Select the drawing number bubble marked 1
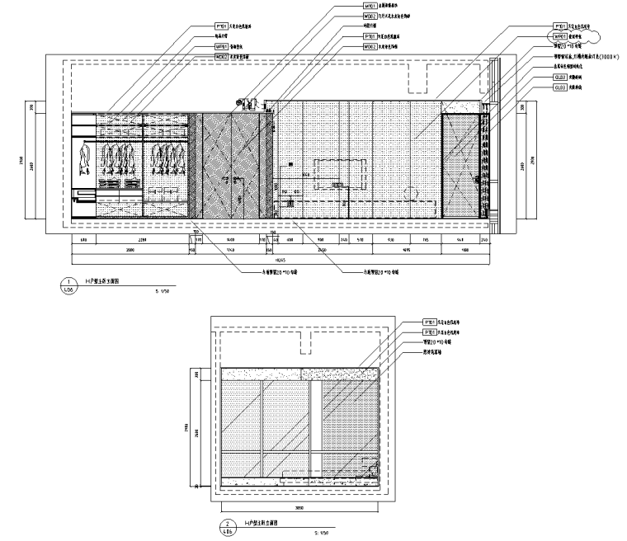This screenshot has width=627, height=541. pos(67,285)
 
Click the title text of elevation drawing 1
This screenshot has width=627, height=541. pos(102,281)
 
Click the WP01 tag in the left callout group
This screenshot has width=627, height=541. pos(221,47)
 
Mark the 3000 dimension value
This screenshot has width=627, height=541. pos(130,248)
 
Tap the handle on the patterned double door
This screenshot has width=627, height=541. pos(233,165)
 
